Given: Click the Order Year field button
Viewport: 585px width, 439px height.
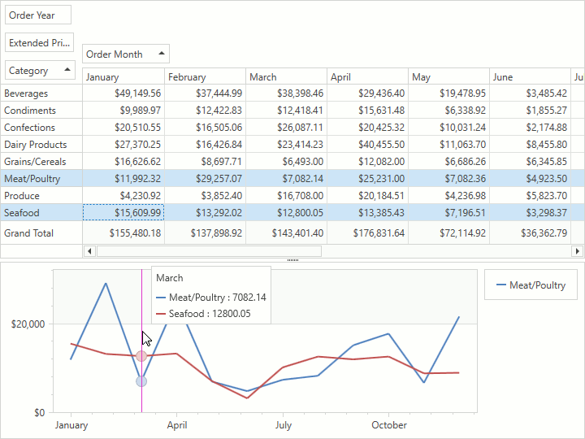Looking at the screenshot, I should click(x=38, y=15).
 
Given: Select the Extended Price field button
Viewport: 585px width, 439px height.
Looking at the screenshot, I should click(x=39, y=42).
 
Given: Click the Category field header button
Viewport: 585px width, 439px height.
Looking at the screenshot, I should click(x=40, y=71).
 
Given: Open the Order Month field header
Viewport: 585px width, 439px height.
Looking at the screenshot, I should click(x=126, y=54).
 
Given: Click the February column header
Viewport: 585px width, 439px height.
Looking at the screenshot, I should click(x=205, y=77).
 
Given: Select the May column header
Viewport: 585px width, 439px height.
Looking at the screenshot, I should click(x=448, y=77).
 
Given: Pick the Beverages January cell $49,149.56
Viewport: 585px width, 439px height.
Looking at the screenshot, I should click(x=123, y=93).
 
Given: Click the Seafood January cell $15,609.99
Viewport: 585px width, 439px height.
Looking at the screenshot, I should click(x=123, y=213).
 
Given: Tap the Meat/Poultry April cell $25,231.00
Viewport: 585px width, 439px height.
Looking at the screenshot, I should click(x=367, y=179).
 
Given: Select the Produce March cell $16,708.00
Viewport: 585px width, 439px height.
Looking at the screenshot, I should click(x=286, y=196).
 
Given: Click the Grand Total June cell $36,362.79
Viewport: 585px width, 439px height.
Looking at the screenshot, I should click(x=530, y=233).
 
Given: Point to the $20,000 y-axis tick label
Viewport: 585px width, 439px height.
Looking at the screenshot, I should click(x=27, y=324).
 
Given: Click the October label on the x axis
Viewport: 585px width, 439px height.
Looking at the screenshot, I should click(x=389, y=425).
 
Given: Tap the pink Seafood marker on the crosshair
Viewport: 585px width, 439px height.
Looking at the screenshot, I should click(x=141, y=356).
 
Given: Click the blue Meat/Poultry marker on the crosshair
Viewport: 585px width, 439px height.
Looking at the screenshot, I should click(x=141, y=381).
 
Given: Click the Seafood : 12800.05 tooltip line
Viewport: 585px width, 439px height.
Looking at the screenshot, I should click(x=210, y=314).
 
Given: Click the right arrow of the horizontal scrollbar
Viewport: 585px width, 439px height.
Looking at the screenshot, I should click(x=578, y=252).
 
